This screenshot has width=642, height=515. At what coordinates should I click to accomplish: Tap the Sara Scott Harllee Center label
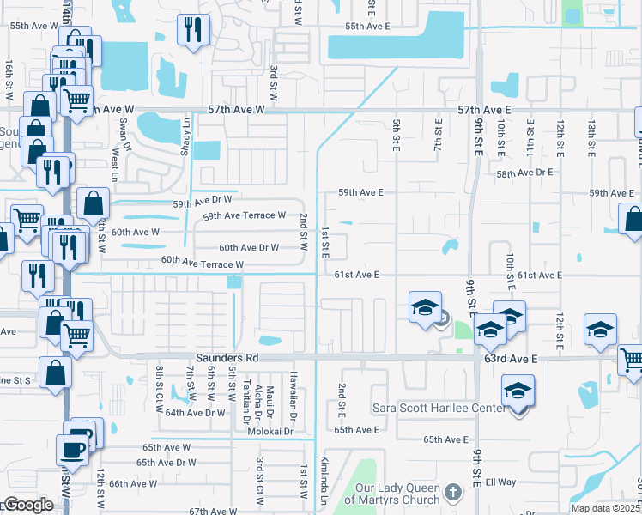(x=439, y=408)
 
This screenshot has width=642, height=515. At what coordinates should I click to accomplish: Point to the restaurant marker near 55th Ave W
(x=192, y=31)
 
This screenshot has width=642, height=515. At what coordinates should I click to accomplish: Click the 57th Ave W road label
(x=237, y=111)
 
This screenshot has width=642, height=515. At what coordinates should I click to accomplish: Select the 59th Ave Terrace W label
(x=244, y=215)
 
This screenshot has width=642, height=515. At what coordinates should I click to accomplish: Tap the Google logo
(x=28, y=505)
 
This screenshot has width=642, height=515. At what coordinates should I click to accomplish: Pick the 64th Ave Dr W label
(x=196, y=413)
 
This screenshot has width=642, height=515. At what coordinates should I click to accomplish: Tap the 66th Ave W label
(x=133, y=483)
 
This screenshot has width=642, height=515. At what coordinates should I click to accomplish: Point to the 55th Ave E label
(x=367, y=27)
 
